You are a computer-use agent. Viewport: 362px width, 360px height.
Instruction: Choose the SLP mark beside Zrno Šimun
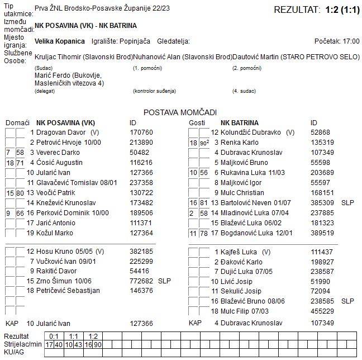(x=164, y=281)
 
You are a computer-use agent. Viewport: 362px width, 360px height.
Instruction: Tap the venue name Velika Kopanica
(x=60, y=41)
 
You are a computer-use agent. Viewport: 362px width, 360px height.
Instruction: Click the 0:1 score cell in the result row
(x=55, y=336)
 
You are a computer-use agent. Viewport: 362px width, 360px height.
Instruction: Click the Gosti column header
(x=197, y=122)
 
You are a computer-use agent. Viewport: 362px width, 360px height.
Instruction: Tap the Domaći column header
(x=17, y=122)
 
